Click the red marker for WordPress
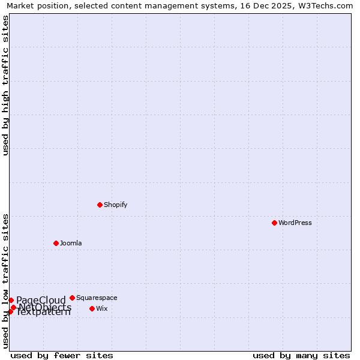point(274,223)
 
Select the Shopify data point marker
point(100,205)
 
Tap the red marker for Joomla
point(56,243)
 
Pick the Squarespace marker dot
point(72,298)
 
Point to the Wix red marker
point(92,308)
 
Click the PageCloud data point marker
point(11,300)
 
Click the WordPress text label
point(295,223)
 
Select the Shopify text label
point(116,205)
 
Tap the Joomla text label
point(71,243)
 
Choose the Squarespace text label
point(97,298)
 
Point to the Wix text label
point(102,308)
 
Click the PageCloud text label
point(41,301)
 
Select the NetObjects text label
point(45,308)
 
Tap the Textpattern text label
point(43,312)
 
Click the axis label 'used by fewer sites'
point(62,355)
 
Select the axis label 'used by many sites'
point(301,355)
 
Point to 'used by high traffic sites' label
point(5,85)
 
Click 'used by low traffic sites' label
point(5,280)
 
